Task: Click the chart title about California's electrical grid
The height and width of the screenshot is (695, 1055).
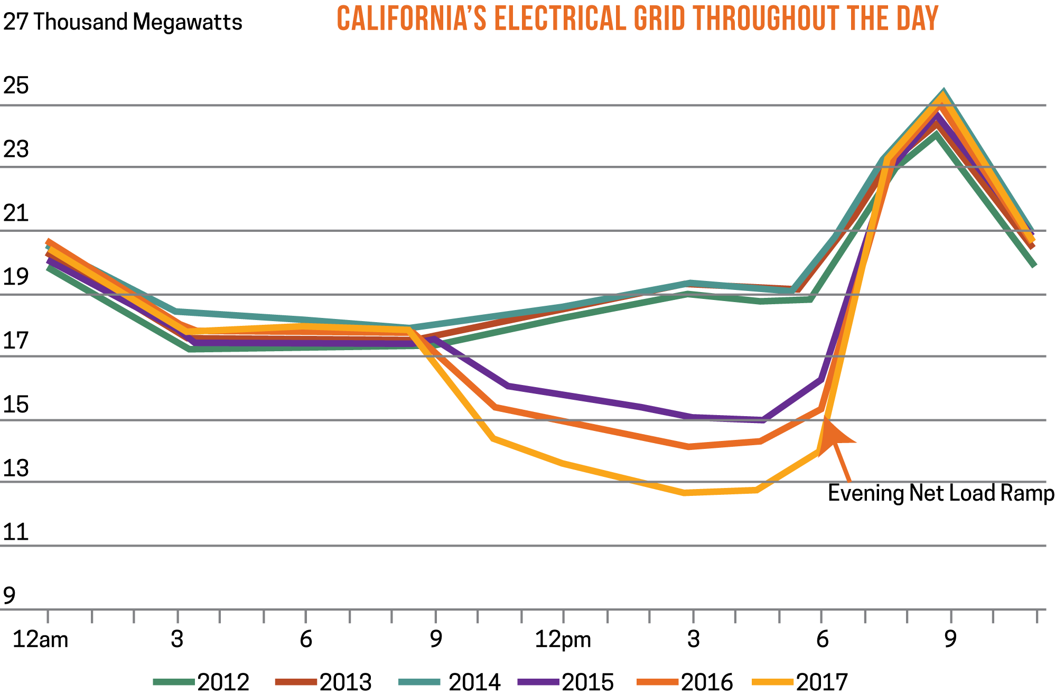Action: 637,19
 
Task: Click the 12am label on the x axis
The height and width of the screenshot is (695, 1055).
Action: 41,640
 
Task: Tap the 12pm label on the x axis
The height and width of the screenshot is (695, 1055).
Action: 563,640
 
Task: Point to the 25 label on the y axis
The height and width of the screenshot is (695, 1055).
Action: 16,86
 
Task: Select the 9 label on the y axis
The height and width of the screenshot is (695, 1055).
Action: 10,596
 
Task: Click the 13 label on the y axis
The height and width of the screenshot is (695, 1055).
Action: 16,468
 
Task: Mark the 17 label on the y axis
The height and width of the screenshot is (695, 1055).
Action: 16,341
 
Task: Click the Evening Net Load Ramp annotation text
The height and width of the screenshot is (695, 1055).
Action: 940,493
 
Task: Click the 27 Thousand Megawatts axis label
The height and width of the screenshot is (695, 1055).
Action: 123,22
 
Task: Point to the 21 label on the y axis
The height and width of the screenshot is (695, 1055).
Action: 16,213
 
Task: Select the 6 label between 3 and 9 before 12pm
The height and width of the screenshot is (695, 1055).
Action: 306,640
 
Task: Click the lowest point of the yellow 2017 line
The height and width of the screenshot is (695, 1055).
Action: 685,493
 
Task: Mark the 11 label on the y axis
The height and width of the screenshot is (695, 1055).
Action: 16,532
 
